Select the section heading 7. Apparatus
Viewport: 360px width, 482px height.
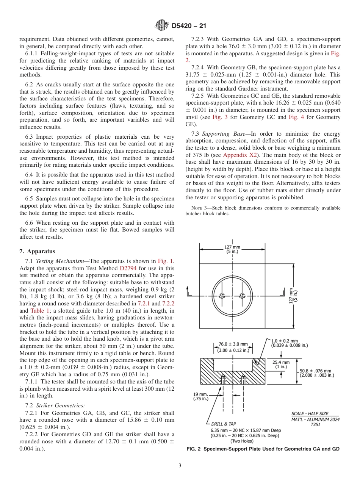[x=37, y=251]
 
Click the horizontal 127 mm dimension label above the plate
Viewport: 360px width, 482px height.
[x=232, y=250]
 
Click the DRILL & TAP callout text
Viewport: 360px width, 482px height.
[x=224, y=424]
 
